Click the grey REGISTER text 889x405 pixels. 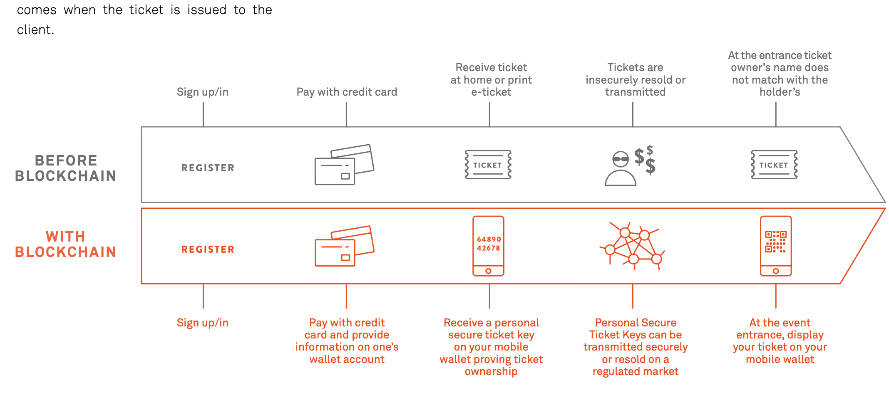(x=208, y=168)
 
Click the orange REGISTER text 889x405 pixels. (x=208, y=249)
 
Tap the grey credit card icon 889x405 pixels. (x=344, y=165)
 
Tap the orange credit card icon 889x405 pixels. (x=344, y=246)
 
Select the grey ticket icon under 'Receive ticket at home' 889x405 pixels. (x=488, y=165)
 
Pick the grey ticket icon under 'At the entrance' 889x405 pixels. (x=774, y=165)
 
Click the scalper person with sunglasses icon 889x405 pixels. (x=620, y=169)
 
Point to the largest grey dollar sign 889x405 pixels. (x=651, y=166)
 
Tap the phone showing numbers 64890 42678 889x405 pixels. (x=488, y=246)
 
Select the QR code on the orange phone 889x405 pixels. (x=775, y=242)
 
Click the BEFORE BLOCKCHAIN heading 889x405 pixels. (x=66, y=168)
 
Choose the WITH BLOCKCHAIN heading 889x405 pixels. (x=66, y=244)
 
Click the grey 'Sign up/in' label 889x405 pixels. (x=202, y=92)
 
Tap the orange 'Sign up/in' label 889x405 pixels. (x=202, y=323)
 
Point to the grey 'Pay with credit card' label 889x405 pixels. (x=347, y=92)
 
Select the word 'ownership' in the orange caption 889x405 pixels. (x=491, y=371)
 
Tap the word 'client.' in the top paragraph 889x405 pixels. (x=35, y=30)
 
